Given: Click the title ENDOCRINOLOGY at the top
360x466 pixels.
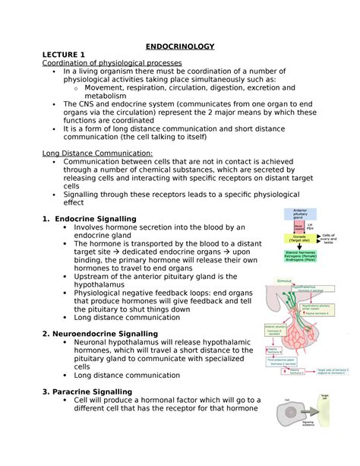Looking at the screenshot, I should coord(180,47).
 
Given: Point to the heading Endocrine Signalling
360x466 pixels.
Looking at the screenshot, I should coord(95,219).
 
